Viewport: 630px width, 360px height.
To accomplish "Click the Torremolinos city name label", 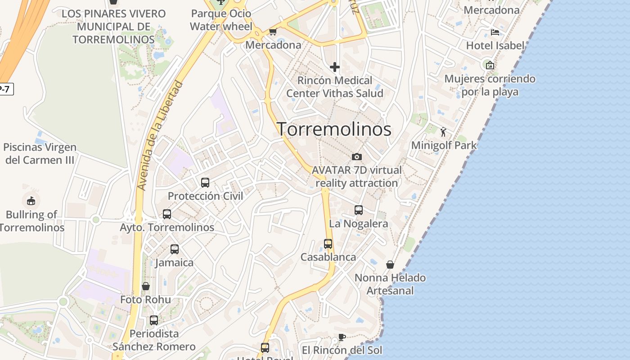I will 334,129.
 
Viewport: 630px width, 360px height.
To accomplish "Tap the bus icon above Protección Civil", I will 205,182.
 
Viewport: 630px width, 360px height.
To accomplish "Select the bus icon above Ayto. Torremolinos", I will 167,214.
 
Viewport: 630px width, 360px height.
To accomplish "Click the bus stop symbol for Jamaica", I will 175,249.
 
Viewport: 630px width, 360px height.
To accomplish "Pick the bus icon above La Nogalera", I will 359,210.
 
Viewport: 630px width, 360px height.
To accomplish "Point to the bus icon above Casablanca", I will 328,243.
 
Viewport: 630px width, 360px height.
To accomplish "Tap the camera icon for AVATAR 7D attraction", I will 357,157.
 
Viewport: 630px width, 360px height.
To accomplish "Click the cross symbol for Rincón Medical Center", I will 335,67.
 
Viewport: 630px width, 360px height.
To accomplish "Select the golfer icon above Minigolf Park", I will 443,132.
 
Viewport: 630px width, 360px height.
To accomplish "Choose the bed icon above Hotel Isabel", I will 495,32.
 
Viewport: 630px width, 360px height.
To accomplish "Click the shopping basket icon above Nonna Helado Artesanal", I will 390,264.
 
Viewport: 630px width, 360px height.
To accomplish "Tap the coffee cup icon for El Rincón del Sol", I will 342,337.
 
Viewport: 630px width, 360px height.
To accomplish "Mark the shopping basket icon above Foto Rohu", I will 146,286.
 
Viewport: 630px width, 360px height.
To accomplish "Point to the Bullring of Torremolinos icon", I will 31,200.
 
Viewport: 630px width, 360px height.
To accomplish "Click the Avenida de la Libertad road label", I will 161,135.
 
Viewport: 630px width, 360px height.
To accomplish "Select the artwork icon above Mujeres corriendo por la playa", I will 490,65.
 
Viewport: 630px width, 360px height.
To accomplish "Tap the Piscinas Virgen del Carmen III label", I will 40,153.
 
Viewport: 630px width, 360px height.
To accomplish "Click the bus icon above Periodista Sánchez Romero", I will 154,320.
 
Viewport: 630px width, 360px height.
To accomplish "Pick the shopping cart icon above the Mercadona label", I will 273,31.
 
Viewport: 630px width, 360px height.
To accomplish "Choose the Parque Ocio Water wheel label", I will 221,20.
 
